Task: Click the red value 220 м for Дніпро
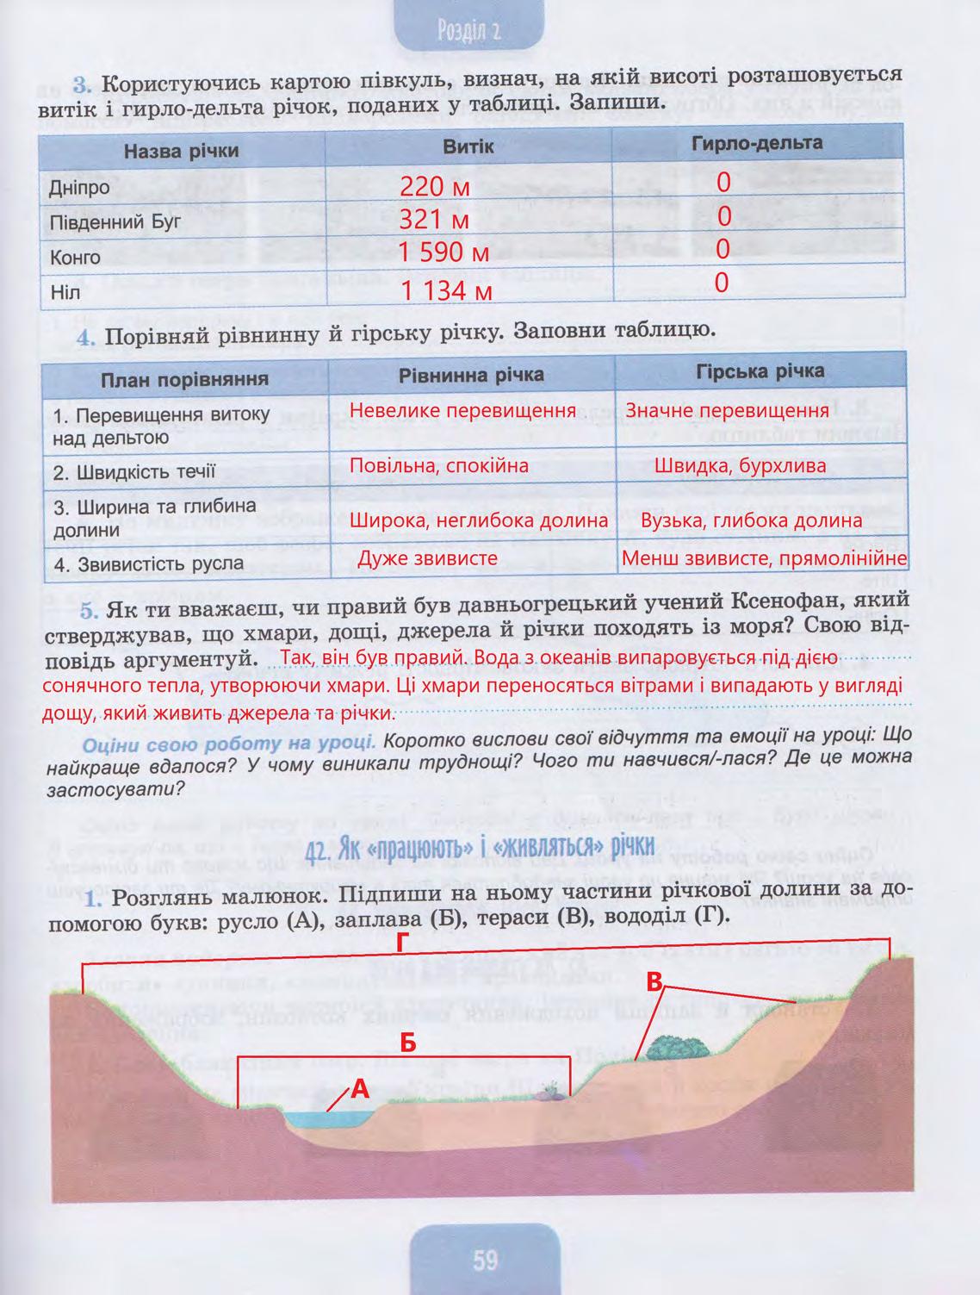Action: (435, 186)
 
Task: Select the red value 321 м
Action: (434, 220)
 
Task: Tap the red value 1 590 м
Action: (443, 252)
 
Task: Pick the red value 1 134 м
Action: (445, 290)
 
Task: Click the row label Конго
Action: (75, 258)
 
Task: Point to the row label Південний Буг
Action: (115, 222)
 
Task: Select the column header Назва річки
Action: (181, 152)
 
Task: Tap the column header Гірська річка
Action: (760, 371)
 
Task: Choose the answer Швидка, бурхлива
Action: (741, 466)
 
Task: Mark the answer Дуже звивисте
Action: (428, 558)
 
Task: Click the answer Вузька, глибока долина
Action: (752, 520)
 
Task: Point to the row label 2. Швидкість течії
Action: (134, 472)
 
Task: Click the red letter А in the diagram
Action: (360, 1089)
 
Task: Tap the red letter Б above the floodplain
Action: (408, 1043)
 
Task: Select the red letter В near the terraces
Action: (655, 982)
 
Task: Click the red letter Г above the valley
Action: (401, 943)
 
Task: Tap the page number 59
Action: (485, 1261)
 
